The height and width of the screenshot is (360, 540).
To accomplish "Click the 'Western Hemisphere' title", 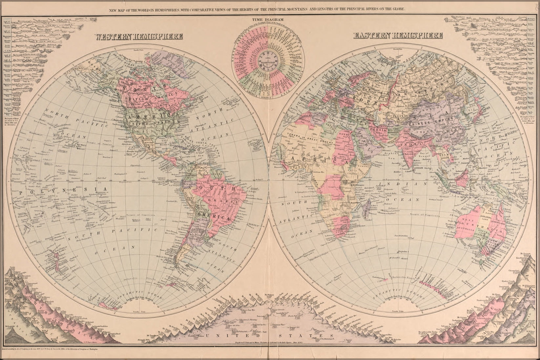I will pos(138,37).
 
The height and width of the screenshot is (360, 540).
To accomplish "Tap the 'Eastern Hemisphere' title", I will pos(398,35).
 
